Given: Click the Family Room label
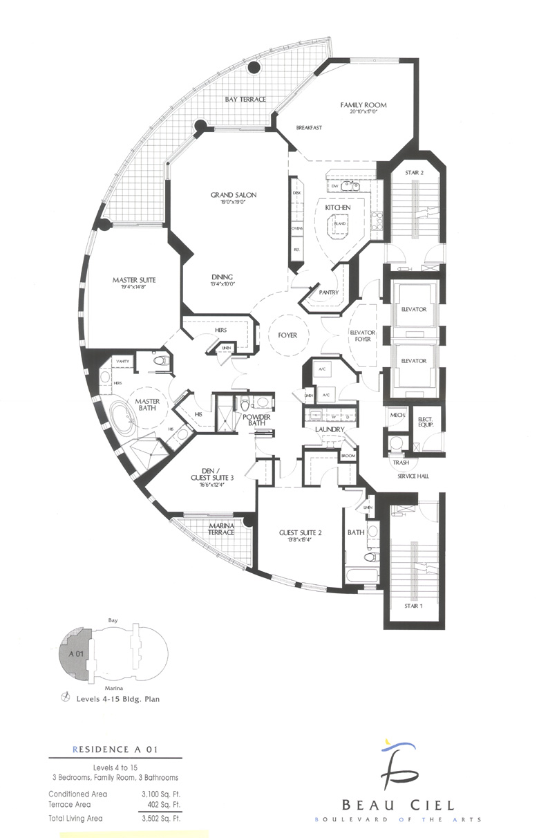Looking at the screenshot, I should click(x=363, y=105).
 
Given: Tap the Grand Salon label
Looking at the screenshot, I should click(x=234, y=195).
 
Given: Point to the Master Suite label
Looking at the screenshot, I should click(x=134, y=280).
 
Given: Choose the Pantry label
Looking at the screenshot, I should click(x=328, y=292).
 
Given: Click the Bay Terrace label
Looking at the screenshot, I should click(x=245, y=100).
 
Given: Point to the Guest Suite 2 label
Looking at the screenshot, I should click(x=301, y=532).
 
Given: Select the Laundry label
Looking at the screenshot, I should click(x=330, y=429).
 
